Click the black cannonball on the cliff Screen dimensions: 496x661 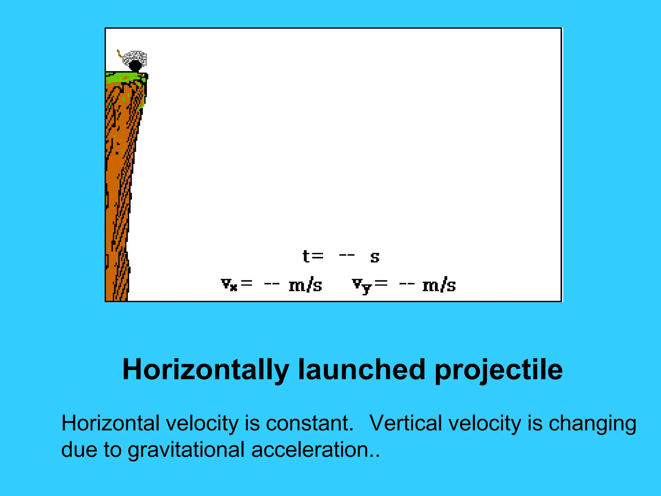135,66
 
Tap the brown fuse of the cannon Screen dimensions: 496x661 119,53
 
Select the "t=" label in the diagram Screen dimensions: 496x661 313,257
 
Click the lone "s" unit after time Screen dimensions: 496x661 375,257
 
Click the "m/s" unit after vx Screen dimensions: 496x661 305,285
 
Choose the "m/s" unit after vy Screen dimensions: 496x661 439,285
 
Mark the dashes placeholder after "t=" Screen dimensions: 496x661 347,255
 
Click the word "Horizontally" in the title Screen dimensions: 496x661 206,370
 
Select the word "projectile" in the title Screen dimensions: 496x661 499,370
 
